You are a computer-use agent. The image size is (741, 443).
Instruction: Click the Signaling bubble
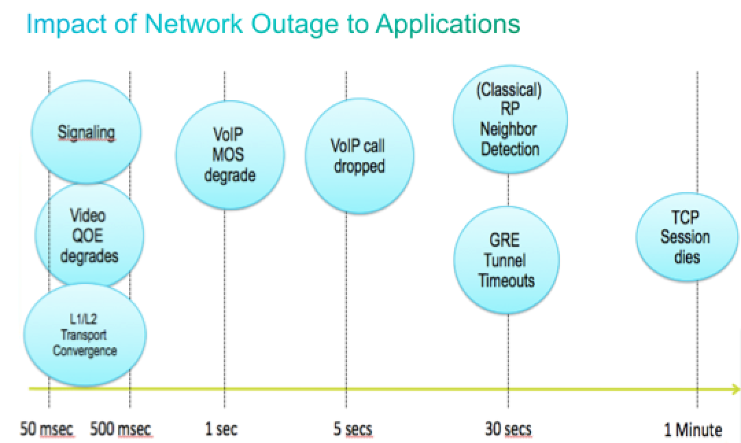click(x=86, y=132)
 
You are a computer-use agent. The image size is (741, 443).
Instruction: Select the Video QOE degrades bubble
click(x=89, y=236)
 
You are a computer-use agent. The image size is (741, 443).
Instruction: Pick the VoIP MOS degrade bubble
click(x=229, y=155)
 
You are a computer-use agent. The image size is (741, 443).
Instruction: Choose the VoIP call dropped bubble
click(x=359, y=156)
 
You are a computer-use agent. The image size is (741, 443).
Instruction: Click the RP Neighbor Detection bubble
click(x=509, y=121)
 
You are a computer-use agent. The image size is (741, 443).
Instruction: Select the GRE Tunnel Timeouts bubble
click(x=507, y=261)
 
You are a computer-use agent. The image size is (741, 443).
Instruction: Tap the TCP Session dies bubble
click(x=685, y=237)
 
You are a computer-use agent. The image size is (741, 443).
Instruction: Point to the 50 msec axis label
click(x=47, y=429)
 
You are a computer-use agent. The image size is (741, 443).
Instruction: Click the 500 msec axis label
click(x=121, y=429)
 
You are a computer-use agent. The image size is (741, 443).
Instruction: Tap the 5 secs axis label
click(x=352, y=429)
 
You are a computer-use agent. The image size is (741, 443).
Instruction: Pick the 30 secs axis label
click(x=508, y=429)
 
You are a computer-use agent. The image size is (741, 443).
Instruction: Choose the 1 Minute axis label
click(x=692, y=430)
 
